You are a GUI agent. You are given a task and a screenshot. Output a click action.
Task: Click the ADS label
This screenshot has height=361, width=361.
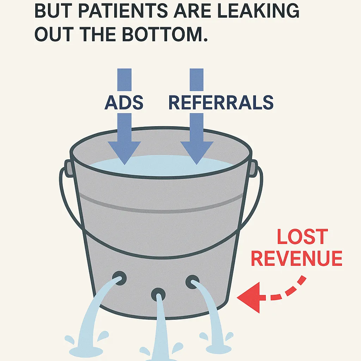(x=124, y=102)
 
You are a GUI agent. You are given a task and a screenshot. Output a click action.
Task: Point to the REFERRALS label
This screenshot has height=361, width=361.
(x=221, y=102)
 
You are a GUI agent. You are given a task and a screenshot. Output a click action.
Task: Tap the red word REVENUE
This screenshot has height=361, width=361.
(x=296, y=258)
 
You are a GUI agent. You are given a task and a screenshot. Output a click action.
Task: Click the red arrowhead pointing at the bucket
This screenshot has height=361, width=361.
(x=250, y=298)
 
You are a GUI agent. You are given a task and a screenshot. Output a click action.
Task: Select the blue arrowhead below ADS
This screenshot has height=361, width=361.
(x=124, y=152)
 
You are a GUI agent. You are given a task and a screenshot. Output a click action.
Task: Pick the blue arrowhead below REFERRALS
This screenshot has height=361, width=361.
(x=197, y=152)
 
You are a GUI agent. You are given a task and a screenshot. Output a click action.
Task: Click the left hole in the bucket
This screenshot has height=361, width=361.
(x=120, y=277)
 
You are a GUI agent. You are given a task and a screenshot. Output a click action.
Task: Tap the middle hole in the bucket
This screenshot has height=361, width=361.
(x=158, y=294)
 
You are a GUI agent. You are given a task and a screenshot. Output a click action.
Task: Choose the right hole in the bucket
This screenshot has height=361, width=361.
(x=192, y=282)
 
